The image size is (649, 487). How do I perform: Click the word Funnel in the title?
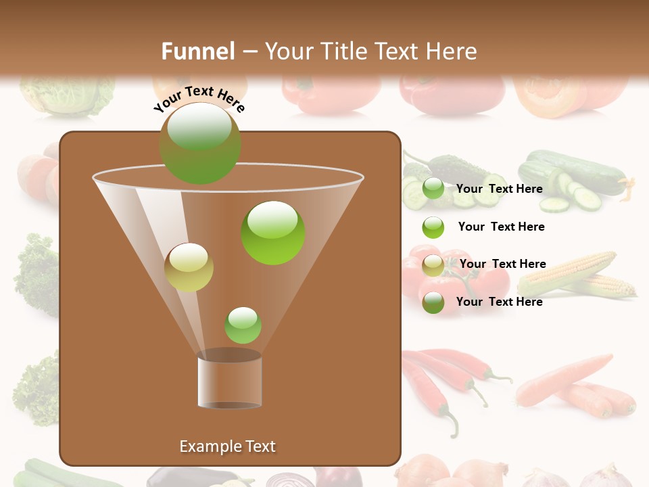[x=198, y=51]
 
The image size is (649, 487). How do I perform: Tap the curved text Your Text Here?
[x=199, y=99]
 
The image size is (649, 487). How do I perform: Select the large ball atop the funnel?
[x=200, y=143]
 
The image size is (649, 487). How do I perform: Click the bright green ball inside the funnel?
[x=273, y=233]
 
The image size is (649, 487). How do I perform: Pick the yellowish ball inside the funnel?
[x=189, y=267]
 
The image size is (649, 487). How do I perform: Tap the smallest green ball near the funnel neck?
[x=243, y=325]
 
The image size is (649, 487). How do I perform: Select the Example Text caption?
[x=228, y=446]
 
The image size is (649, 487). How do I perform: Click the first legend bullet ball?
[x=433, y=189]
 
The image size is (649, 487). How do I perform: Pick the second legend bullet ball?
[x=433, y=227]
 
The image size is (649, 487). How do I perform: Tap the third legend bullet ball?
[x=433, y=265]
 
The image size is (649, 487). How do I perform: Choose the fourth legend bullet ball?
[x=433, y=302]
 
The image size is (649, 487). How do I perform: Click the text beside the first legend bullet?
[x=500, y=189]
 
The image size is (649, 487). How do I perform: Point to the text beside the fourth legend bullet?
[x=500, y=302]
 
